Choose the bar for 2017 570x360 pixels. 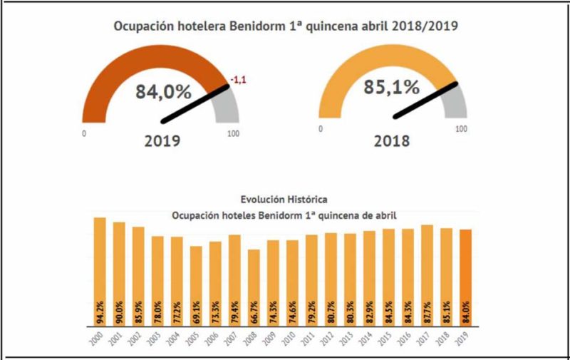(x=427, y=267)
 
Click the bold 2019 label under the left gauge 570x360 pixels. (x=162, y=140)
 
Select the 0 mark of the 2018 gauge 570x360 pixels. (x=321, y=129)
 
